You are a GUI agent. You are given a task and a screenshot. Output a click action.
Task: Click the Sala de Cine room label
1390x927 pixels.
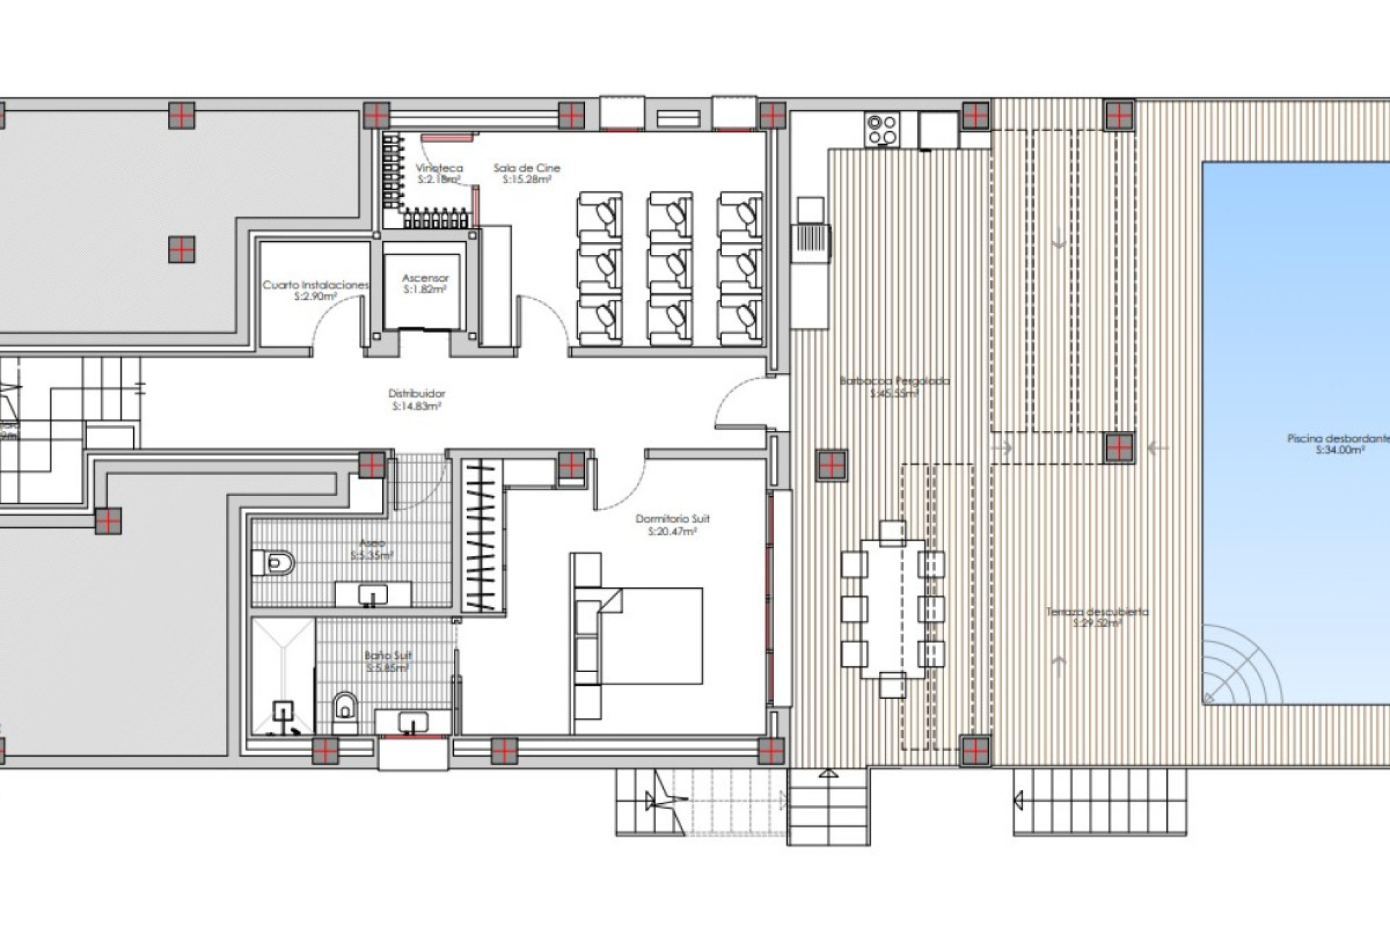pos(526,168)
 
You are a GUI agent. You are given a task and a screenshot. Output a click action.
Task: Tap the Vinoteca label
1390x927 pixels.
pos(439,168)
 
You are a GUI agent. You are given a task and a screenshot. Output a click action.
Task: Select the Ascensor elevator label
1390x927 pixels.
pos(425,278)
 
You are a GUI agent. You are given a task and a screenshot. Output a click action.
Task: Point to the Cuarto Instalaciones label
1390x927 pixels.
pos(316,285)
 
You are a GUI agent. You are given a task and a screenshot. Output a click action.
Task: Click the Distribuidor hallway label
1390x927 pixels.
pos(417,394)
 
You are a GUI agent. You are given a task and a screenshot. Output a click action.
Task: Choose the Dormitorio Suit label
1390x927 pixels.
pos(673,519)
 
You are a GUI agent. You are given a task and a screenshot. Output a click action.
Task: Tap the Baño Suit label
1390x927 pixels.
pos(389,655)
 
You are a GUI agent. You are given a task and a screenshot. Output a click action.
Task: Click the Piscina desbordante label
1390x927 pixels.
pos(1339,438)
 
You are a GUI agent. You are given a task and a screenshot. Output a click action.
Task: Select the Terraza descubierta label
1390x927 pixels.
pos(1097,612)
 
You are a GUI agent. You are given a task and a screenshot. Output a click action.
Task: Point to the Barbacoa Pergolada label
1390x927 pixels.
pos(894,381)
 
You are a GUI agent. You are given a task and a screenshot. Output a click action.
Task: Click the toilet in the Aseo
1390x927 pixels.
pos(274,562)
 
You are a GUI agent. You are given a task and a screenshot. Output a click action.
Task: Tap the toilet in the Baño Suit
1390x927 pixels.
pos(345,705)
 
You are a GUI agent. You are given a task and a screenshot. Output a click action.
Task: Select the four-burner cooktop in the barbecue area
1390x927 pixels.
pos(883,130)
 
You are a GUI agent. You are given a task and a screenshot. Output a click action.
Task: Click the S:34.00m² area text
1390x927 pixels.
pos(1340,450)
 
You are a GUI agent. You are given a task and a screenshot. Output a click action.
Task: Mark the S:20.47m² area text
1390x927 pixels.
pos(673,532)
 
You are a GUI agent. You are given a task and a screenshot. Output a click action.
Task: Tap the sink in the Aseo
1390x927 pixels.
pos(373,595)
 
